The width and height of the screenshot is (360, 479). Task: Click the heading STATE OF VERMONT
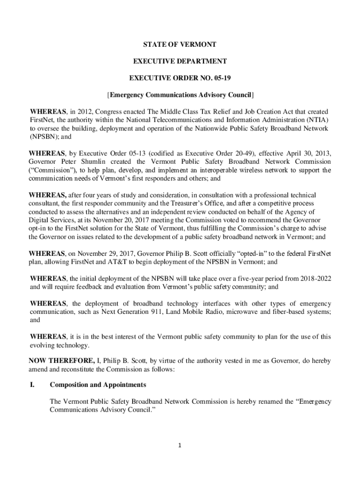[180, 44]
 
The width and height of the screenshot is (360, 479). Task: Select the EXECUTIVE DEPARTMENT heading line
[180, 61]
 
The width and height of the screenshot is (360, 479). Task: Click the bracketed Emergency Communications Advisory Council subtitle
[180, 95]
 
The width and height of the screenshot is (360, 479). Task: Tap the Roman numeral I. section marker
[33, 385]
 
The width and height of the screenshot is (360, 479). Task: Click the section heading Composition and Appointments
[98, 385]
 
